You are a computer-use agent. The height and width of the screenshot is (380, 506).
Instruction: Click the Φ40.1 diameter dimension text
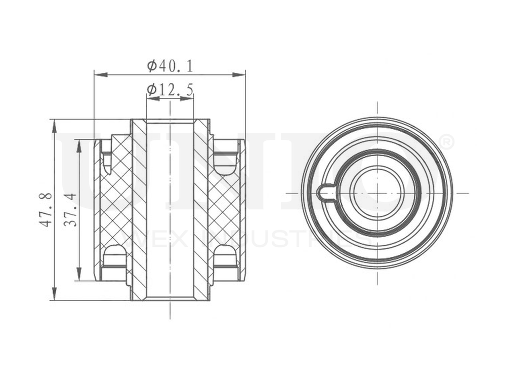[x=170, y=65]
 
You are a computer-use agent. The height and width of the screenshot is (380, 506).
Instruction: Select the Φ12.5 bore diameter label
[x=170, y=90]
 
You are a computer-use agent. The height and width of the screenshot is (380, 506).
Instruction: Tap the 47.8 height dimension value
[x=46, y=209]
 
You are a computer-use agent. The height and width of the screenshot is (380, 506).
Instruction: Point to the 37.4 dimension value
[x=71, y=209]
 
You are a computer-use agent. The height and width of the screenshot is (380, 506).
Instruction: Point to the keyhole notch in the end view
[x=325, y=193]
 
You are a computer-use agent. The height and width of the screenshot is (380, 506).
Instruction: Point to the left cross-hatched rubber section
[x=116, y=208]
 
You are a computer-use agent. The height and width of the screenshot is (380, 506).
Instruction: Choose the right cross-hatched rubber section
[x=223, y=208]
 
